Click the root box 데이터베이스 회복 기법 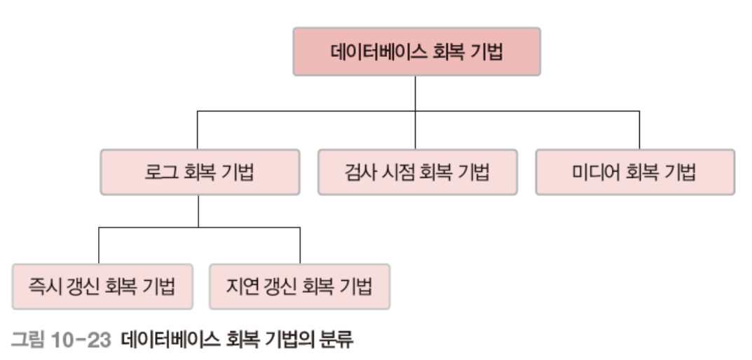416,51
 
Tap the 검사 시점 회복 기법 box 418,172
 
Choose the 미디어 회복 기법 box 635,172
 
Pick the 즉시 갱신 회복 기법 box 98,286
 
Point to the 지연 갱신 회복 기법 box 299,286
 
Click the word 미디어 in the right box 593,172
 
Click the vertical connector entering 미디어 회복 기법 639,130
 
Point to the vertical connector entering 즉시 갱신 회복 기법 98,245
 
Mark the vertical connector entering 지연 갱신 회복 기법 300,245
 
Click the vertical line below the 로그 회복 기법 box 198,210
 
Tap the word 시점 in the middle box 392,172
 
